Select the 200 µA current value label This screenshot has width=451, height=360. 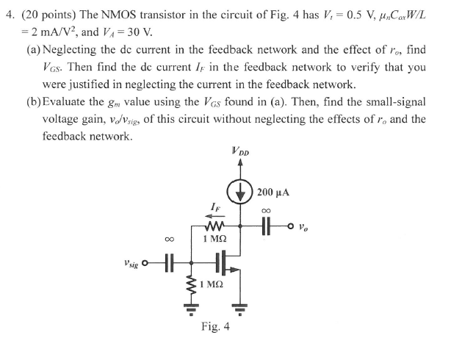pos(273,192)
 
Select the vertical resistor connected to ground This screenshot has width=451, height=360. pos(192,282)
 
